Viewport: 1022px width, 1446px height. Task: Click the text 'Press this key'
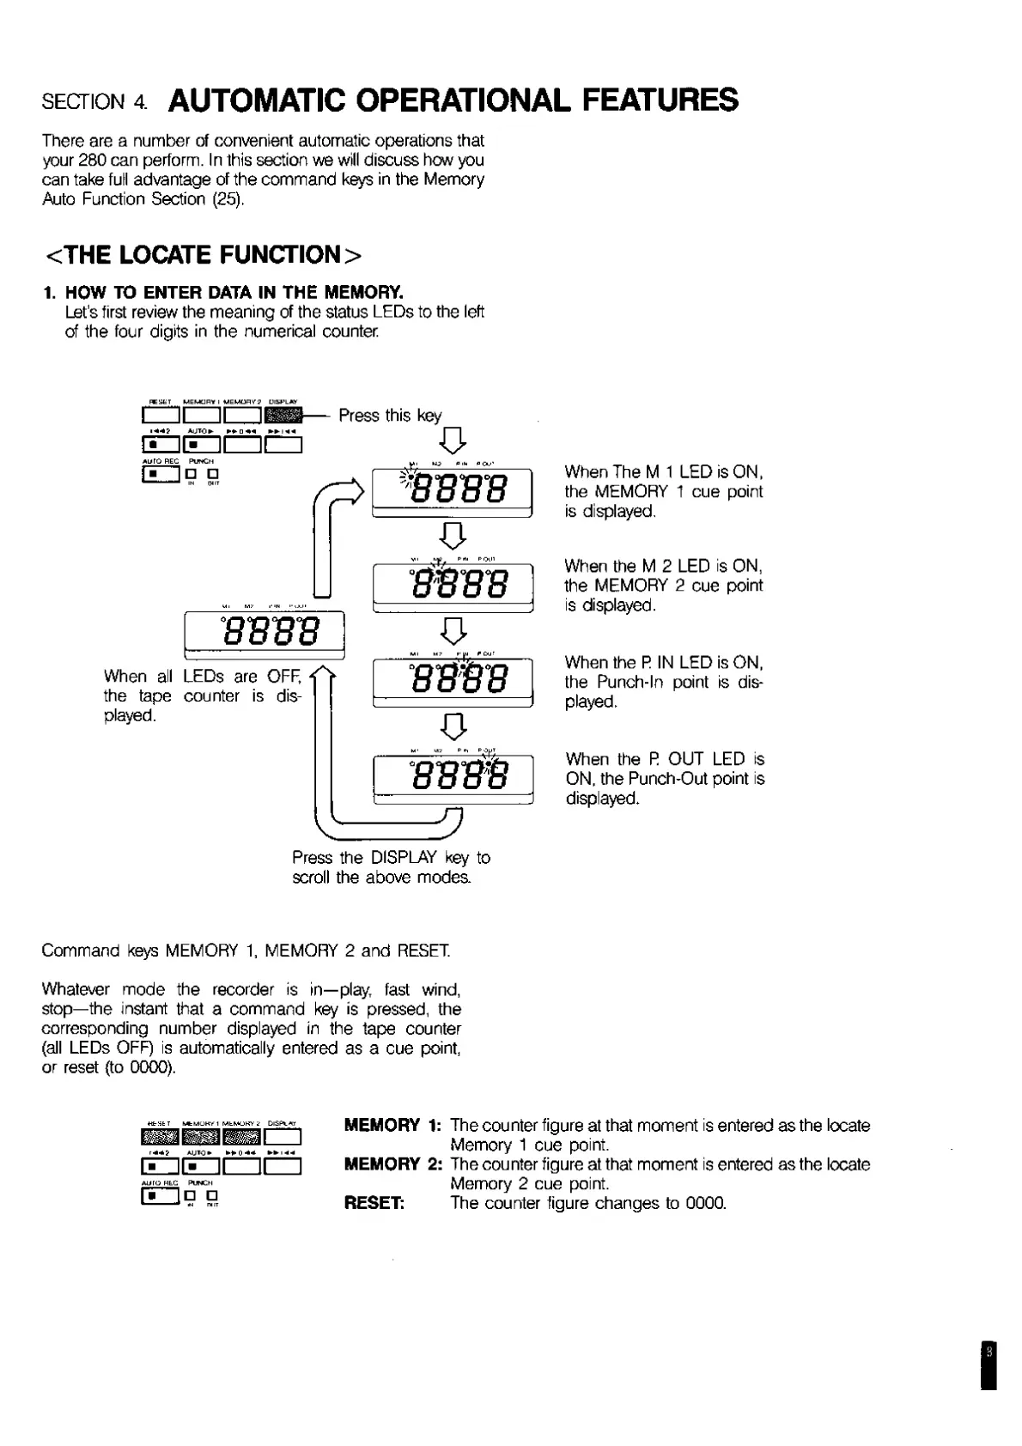389,416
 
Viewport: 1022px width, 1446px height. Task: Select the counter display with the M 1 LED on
453,493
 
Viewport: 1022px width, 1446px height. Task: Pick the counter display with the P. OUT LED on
453,780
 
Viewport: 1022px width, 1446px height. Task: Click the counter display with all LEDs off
265,635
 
